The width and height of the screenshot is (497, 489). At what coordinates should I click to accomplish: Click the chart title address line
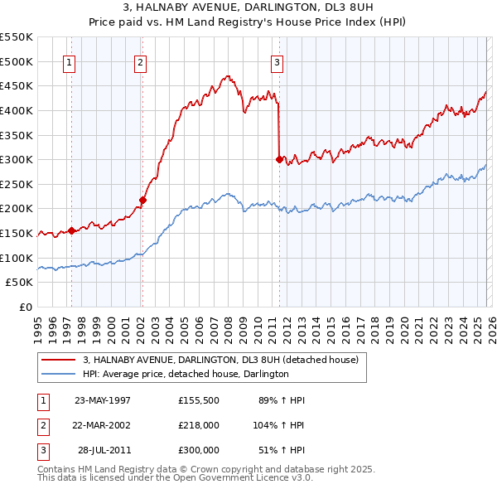click(248, 8)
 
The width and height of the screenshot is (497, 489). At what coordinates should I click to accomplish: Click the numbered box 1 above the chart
click(69, 62)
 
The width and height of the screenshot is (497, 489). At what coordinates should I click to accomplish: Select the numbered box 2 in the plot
click(140, 62)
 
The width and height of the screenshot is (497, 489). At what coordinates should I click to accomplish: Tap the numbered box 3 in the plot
click(277, 62)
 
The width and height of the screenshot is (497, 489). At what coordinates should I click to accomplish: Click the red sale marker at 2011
click(279, 159)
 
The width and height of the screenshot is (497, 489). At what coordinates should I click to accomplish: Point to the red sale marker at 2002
click(142, 200)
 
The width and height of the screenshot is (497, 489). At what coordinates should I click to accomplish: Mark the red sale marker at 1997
click(71, 230)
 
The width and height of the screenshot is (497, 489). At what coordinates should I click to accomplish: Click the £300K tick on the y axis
click(17, 159)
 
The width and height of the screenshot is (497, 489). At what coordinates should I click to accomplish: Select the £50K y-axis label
click(19, 283)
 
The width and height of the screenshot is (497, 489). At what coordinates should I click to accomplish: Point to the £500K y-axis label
click(17, 61)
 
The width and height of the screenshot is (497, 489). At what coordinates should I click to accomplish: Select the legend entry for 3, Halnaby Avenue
click(220, 360)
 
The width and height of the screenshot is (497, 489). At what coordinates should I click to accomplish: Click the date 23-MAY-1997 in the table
click(103, 400)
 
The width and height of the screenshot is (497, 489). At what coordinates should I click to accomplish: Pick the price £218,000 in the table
click(199, 424)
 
